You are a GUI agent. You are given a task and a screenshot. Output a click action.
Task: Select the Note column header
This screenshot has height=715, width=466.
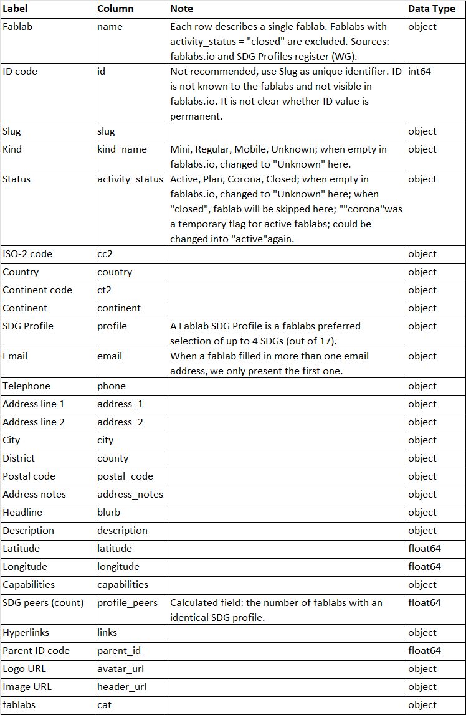(182, 9)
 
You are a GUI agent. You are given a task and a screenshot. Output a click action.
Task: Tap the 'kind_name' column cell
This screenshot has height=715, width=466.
(122, 149)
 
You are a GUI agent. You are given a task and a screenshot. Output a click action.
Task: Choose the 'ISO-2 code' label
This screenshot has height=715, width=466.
(27, 254)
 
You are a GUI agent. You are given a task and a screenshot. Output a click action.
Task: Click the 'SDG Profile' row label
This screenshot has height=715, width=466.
(28, 326)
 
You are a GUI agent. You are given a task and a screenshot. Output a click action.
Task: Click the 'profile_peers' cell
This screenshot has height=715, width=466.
(127, 603)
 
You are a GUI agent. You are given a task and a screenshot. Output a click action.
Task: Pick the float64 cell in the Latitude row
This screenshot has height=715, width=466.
(424, 549)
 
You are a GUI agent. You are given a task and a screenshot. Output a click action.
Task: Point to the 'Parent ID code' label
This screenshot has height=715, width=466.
(36, 651)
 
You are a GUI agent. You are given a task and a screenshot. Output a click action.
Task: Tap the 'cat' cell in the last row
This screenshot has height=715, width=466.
(105, 705)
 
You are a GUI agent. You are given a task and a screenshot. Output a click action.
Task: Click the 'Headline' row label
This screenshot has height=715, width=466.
(22, 513)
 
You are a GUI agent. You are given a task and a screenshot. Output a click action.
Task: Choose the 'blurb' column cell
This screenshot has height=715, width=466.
(109, 513)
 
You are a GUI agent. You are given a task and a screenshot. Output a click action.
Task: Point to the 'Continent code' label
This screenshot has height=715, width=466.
(37, 290)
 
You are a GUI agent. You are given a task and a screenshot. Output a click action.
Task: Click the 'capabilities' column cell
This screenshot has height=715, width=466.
(123, 585)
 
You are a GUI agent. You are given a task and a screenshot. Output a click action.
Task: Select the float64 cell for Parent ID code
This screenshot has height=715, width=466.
(424, 651)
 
